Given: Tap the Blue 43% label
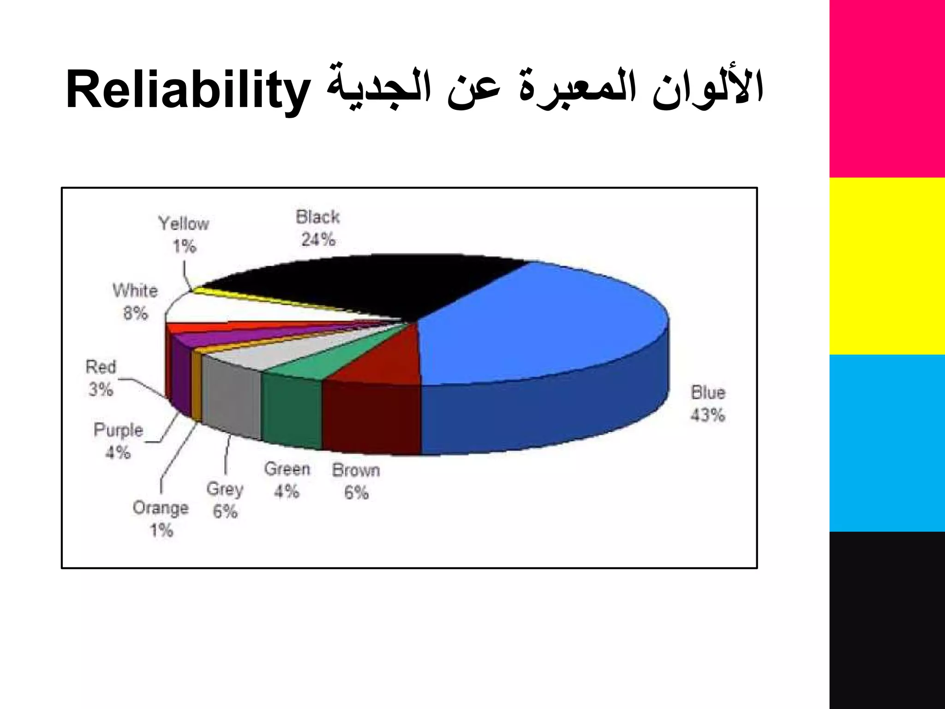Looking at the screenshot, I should point(708,404).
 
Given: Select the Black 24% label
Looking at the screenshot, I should point(318,228).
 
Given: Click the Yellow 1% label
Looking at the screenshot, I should point(184,235).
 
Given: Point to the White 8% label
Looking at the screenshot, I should point(135,302).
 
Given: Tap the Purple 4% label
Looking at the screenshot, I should point(119,441).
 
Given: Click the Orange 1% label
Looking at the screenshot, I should point(161,519).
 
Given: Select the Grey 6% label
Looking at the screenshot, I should point(225,500).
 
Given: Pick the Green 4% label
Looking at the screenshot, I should point(287,480).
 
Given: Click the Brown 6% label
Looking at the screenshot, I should point(356,481).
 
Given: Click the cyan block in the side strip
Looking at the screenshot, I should point(887,443).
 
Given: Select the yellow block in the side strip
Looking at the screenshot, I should point(887,266).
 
